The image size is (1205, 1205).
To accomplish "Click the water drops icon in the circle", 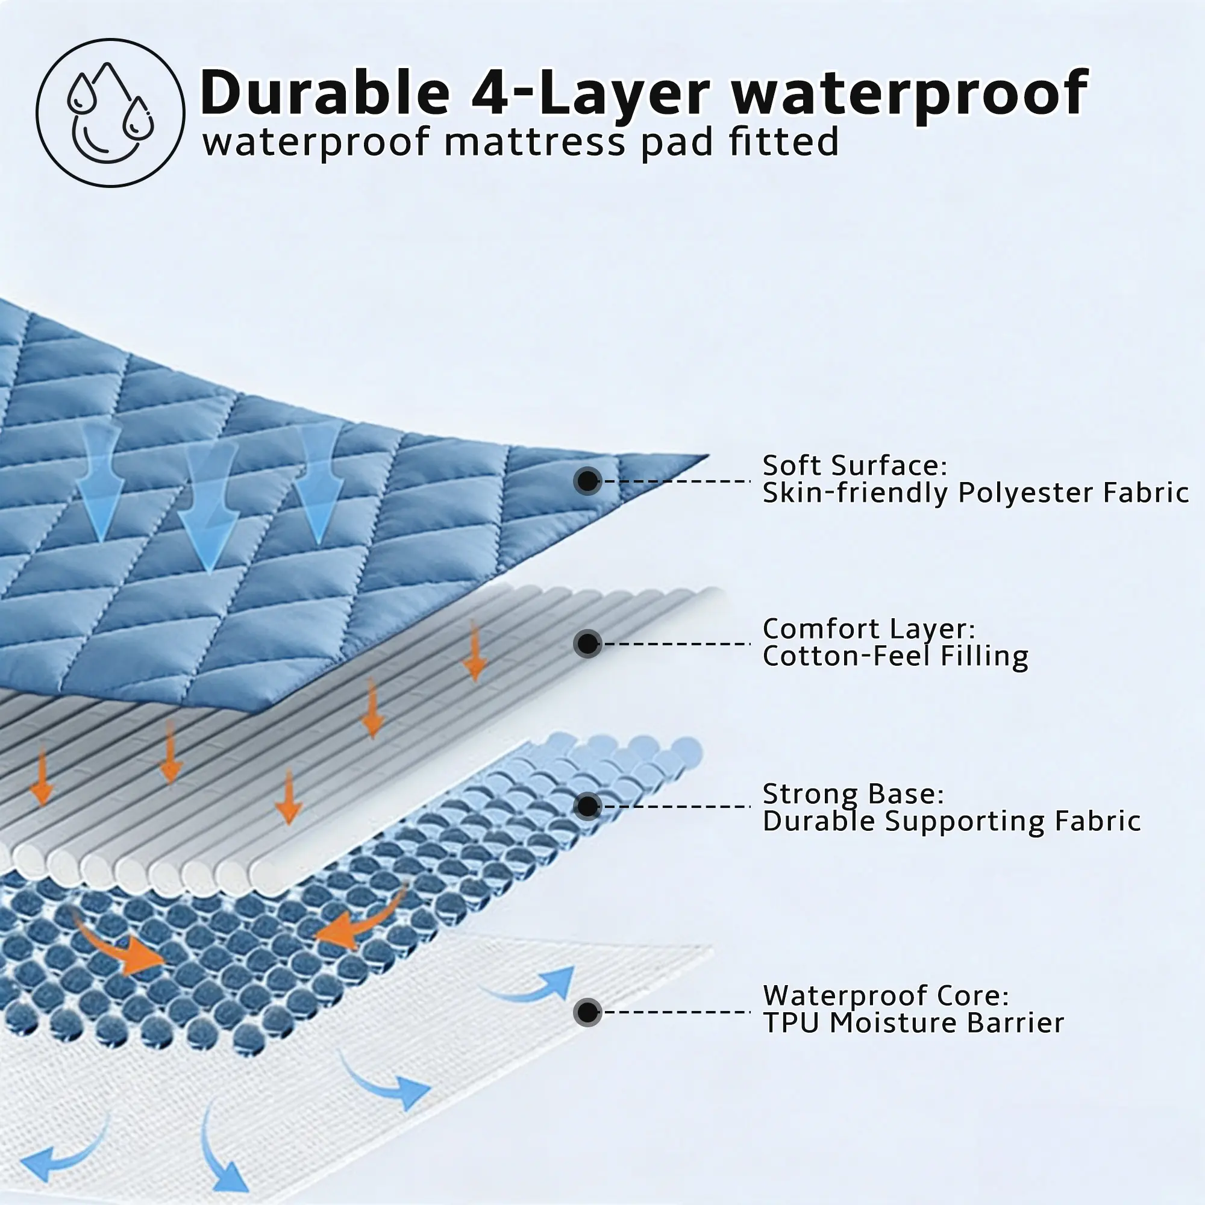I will pyautogui.click(x=110, y=112).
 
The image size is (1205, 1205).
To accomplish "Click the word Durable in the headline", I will pyautogui.click(x=324, y=93).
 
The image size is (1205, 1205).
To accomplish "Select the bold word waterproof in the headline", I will pyautogui.click(x=910, y=93).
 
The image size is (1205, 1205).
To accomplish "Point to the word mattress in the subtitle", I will pyautogui.click(x=534, y=142).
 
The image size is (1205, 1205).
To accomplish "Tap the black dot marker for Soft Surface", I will pyautogui.click(x=587, y=481).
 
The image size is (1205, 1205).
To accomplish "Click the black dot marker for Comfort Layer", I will pyautogui.click(x=587, y=643).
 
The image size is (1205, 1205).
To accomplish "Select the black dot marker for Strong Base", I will pyautogui.click(x=587, y=807).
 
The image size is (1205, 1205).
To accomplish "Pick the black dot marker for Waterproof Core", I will pyautogui.click(x=587, y=1012).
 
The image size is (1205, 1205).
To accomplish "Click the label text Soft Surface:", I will pyautogui.click(x=854, y=466).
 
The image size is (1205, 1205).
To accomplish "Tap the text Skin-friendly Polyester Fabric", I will pyautogui.click(x=975, y=493).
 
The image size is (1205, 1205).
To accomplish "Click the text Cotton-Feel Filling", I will pyautogui.click(x=895, y=656).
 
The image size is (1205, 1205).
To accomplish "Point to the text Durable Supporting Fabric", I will pyautogui.click(x=951, y=821).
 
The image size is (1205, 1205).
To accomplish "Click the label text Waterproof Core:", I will pyautogui.click(x=886, y=996).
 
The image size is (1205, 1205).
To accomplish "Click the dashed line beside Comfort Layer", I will pyautogui.click(x=677, y=643).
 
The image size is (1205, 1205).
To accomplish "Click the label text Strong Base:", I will pyautogui.click(x=853, y=794).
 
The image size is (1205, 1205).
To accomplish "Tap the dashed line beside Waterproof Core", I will pyautogui.click(x=677, y=1012).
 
